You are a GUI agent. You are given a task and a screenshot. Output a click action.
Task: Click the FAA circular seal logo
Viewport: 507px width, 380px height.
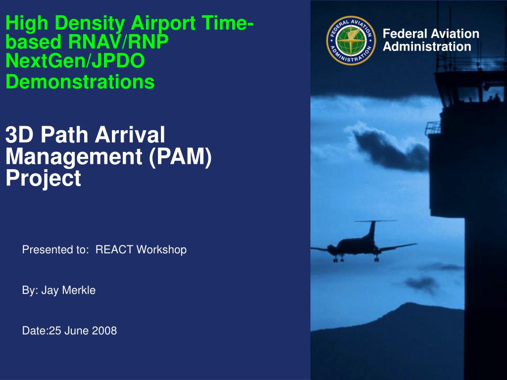pos(351,41)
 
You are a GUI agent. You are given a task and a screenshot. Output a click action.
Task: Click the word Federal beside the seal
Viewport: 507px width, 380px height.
pos(405,34)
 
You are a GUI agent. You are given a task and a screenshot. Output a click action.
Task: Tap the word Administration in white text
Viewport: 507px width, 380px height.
pos(427,47)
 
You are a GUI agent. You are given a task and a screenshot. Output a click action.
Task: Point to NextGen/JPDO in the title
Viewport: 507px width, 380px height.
pos(75,61)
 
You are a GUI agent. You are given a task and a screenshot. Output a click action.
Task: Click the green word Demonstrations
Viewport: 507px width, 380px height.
pos(80,82)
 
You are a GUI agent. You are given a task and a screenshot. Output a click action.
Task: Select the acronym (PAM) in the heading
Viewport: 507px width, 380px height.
pos(180,157)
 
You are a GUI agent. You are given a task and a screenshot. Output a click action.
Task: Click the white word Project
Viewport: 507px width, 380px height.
pos(44,178)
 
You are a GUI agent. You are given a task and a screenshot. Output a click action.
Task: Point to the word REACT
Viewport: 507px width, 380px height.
pos(114,249)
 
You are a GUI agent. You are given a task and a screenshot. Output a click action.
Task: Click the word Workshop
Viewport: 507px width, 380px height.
pos(161,250)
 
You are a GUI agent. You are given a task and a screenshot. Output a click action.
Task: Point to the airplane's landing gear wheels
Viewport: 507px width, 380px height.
pos(355,259)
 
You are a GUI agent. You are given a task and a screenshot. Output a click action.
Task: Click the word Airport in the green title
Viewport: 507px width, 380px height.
pos(163,24)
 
